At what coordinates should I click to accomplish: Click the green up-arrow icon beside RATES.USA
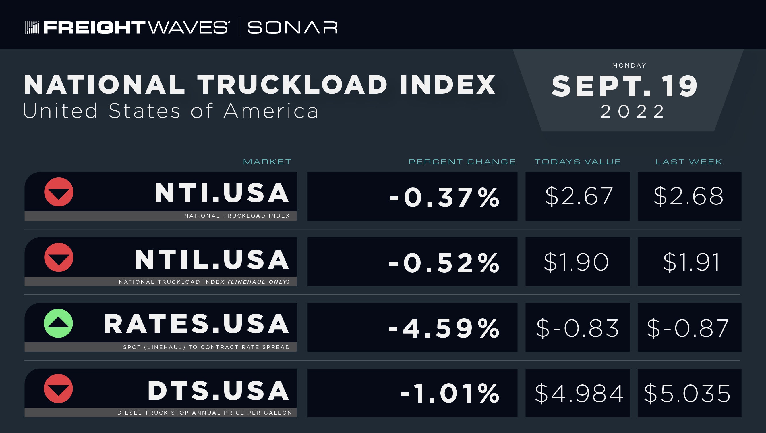58,323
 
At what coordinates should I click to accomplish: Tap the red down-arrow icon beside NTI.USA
59,192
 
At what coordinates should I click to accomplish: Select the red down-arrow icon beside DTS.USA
58,389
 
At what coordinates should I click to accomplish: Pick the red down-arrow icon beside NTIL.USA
59,258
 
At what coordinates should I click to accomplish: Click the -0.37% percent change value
444,197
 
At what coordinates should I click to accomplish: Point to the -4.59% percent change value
444,328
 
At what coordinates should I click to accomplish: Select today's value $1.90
576,262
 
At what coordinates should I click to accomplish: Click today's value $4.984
579,393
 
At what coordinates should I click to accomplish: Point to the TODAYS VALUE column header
578,162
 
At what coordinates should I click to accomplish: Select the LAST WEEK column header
689,162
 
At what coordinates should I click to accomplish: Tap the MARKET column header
267,162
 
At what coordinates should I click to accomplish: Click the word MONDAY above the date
629,66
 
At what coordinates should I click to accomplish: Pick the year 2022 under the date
632,112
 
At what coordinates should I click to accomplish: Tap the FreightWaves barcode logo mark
32,27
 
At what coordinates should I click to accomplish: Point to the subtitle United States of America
171,111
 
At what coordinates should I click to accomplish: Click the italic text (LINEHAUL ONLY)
259,282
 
